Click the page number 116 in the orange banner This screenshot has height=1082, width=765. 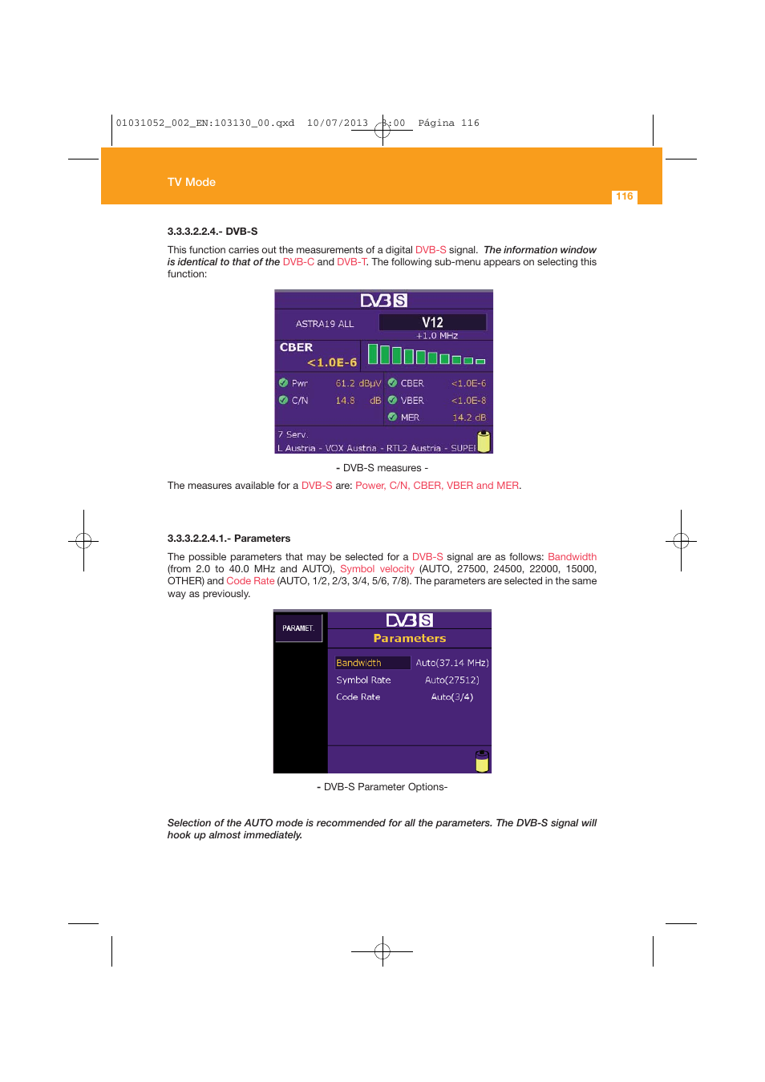624,196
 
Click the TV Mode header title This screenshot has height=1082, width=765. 191,182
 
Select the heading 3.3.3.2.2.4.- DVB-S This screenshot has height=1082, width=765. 212,231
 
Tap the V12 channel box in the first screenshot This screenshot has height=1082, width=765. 432,322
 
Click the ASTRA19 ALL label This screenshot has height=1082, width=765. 324,324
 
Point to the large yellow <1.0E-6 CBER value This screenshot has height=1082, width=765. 332,362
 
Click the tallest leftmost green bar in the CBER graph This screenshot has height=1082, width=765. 372,353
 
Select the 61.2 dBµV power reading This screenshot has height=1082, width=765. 358,383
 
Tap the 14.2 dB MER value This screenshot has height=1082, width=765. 468,418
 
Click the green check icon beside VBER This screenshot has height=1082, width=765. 392,400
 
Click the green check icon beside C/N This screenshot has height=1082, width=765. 283,400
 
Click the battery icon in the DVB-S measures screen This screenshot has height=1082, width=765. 484,441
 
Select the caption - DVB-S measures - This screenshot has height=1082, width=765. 382,468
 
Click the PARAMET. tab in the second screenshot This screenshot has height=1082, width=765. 298,628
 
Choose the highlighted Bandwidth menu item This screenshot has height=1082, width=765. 359,663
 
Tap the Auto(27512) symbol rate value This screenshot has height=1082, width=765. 451,680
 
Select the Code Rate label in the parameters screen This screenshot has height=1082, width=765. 358,697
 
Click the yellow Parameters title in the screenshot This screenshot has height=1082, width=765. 409,639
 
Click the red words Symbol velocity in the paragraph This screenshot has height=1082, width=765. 377,569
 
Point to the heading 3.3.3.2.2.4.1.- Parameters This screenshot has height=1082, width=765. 229,539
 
